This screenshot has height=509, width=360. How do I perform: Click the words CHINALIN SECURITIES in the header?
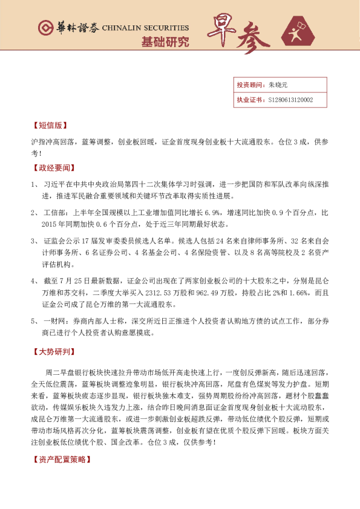(145, 28)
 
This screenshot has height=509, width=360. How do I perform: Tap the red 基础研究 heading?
(165, 43)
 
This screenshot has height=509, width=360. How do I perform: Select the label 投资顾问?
(248, 85)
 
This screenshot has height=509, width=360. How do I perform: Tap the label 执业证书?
(248, 100)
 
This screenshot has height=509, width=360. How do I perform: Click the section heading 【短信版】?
(48, 126)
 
